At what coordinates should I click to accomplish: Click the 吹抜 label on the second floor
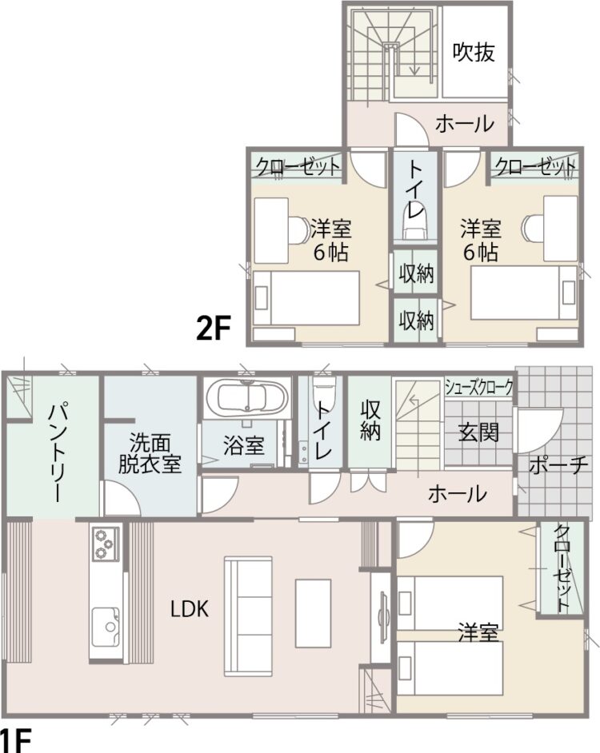coord(474,52)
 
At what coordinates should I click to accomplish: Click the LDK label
coord(190,609)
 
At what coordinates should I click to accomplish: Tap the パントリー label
coord(57,454)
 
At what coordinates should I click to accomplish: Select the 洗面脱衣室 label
coord(150,453)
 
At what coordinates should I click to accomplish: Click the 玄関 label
coord(478,432)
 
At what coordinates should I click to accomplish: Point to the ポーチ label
coord(558,464)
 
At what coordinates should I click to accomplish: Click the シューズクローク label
coord(479,387)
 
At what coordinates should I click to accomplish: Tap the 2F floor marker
coord(214,328)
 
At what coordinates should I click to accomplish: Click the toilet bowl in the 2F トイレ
coord(415,225)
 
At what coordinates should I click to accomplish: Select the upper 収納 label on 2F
coord(416,273)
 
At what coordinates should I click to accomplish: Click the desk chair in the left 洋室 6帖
coord(298,230)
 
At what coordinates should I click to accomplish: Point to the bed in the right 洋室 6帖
coord(524,293)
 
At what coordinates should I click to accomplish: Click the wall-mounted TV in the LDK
coord(384,616)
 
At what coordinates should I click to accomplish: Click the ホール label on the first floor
coord(457,493)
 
